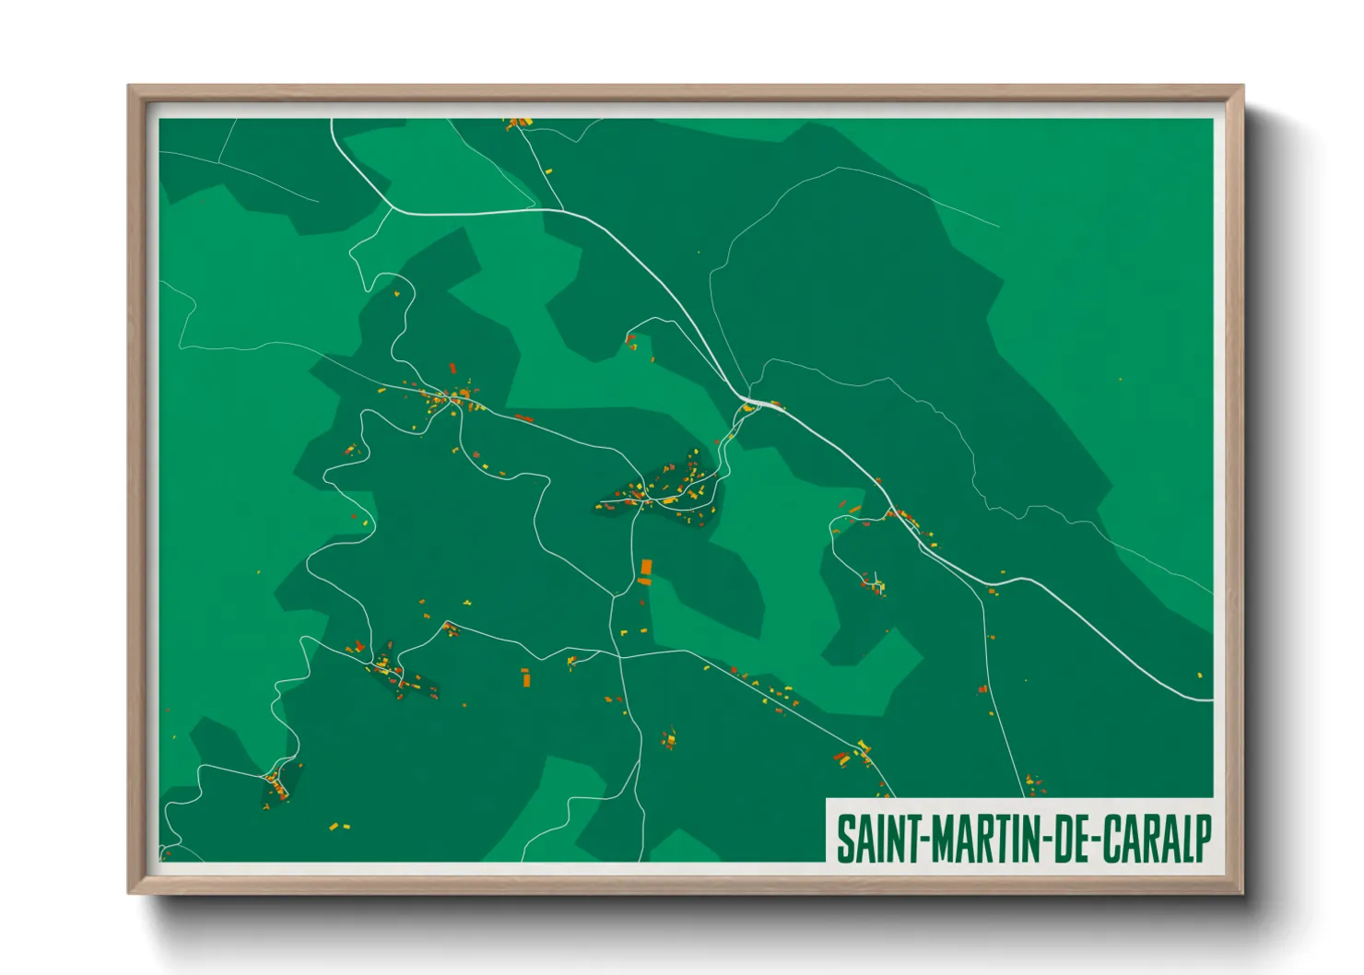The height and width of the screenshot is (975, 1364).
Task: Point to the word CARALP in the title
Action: tap(1152, 839)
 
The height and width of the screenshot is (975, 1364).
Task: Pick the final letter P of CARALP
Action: tap(1201, 839)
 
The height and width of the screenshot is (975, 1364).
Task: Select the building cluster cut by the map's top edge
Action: tap(517, 123)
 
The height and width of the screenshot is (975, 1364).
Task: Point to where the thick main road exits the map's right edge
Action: tap(1211, 700)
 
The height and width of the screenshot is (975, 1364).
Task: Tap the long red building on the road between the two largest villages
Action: tap(523, 418)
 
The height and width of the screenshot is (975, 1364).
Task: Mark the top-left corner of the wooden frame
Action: tap(129, 87)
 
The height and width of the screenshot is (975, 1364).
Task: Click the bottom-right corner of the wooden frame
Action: tap(1242, 893)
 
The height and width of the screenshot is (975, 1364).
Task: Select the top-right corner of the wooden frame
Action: tap(1242, 87)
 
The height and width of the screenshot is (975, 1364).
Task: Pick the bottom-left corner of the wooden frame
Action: tap(129, 893)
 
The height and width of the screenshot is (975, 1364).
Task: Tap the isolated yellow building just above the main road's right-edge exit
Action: tap(1199, 675)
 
